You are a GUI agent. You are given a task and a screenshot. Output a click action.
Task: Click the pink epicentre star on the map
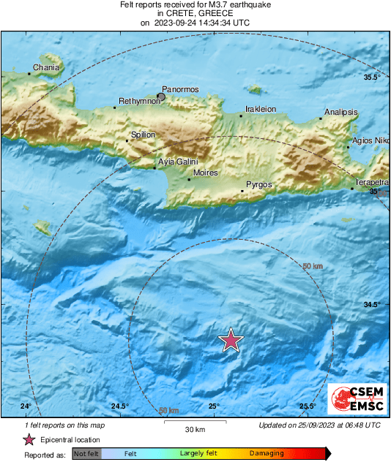point(231,341)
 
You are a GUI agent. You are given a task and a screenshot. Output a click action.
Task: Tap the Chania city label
point(45,67)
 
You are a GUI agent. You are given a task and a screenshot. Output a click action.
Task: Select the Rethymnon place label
point(139,102)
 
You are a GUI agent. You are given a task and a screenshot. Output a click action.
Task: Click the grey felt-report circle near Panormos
point(162,96)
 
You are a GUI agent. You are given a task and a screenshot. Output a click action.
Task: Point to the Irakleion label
point(259,109)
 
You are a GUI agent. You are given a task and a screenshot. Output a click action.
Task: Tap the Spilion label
point(143,135)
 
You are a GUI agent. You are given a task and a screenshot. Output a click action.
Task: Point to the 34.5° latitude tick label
point(372,305)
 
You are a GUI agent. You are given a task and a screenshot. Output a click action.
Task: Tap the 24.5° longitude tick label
point(120,406)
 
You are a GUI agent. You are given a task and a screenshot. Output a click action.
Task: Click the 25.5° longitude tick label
point(308,406)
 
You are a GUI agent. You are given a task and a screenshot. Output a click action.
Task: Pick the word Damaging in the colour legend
point(267,454)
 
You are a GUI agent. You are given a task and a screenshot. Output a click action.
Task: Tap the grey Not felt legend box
point(86,454)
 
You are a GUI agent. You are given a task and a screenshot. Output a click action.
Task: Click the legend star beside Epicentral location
point(29,439)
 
